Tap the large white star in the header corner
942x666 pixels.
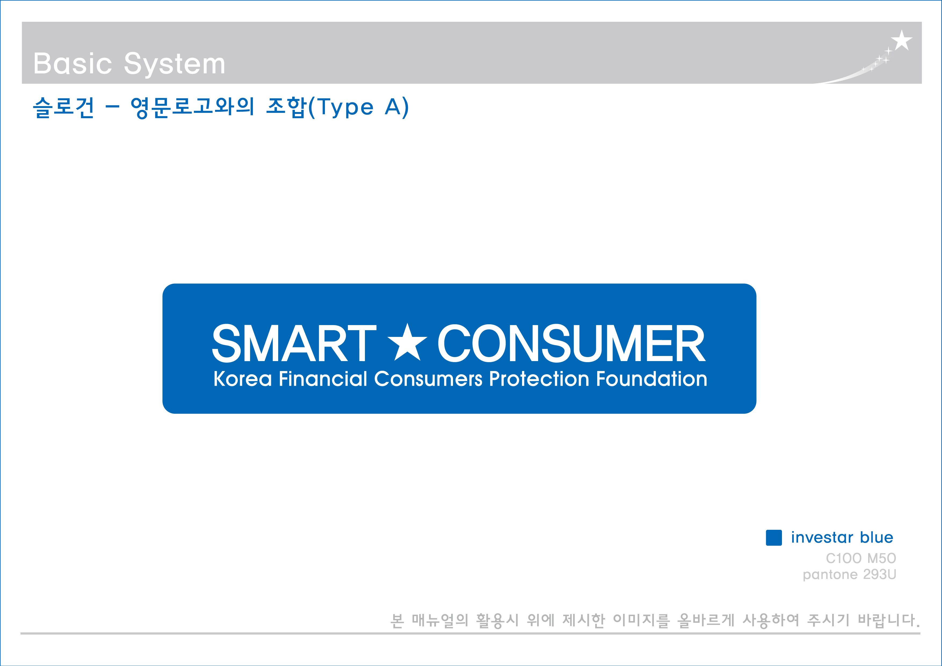coord(901,40)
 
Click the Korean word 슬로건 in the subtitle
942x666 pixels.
coord(64,107)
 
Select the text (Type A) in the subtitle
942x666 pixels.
coord(358,107)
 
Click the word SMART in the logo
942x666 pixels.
coord(294,343)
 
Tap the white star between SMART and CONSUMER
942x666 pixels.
coord(407,343)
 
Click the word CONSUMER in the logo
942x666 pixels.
coord(571,343)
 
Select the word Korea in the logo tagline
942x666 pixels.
coord(242,379)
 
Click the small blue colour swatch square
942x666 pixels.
coord(774,538)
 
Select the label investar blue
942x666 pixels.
coord(842,538)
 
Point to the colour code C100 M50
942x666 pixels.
coord(861,558)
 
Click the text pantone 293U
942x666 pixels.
coord(849,574)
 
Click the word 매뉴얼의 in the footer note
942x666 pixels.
coord(440,620)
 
